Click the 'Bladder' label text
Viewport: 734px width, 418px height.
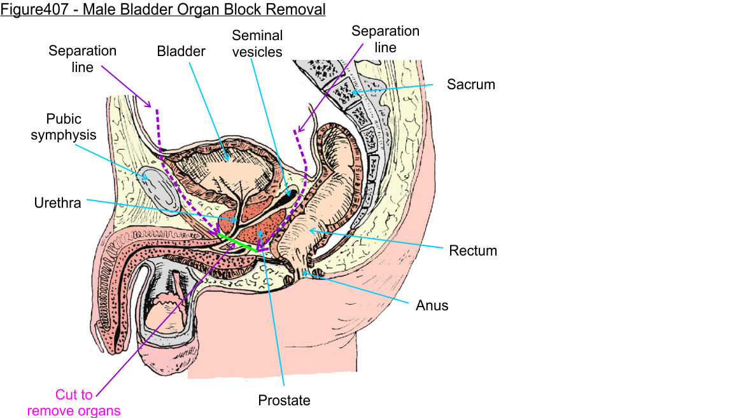coord(181,51)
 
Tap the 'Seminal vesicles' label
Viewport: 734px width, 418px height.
coord(257,43)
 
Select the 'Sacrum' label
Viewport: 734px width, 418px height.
coord(470,84)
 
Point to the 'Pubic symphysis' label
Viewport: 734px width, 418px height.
coord(64,127)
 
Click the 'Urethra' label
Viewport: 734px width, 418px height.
coord(57,203)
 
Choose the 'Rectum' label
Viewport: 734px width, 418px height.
coord(472,250)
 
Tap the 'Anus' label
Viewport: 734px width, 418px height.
coord(432,305)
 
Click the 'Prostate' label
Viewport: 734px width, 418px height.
coord(284,401)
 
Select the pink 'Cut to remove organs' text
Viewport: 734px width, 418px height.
coord(74,403)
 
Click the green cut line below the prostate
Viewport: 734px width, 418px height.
coord(238,243)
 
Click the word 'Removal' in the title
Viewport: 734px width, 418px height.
coord(299,10)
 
